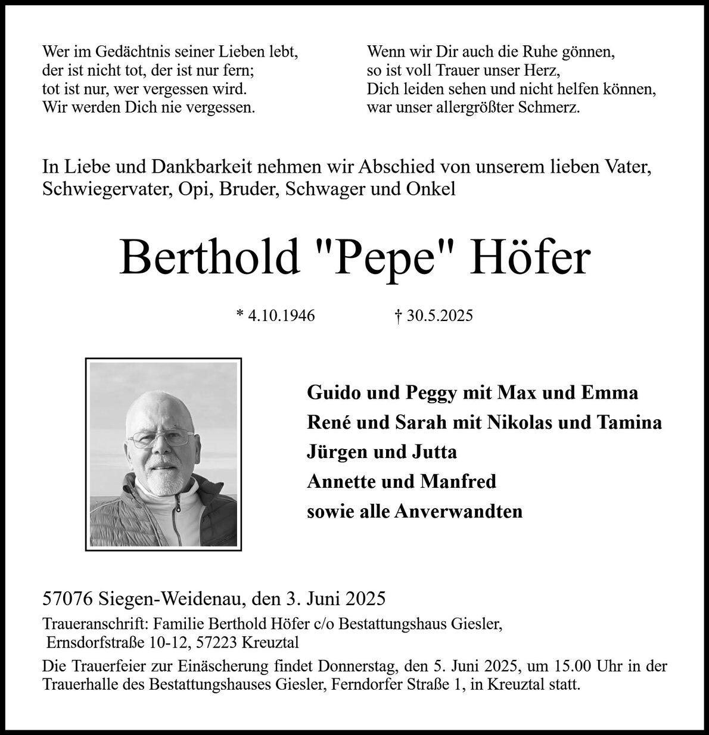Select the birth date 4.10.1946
pyautogui.click(x=281, y=316)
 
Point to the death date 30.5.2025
pyautogui.click(x=440, y=316)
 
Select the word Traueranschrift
pyautogui.click(x=95, y=624)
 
